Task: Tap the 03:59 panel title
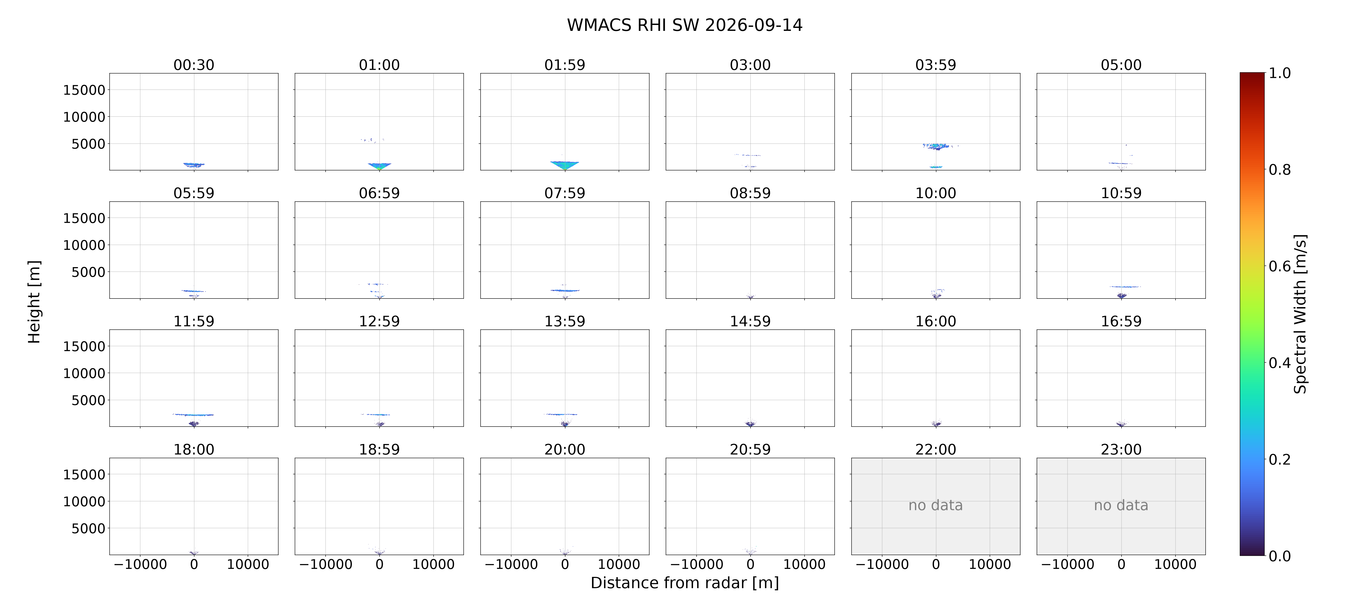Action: click(x=935, y=65)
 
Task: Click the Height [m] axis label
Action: click(x=34, y=302)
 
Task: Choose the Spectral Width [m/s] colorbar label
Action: click(x=1300, y=314)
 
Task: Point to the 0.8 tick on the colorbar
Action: click(x=1279, y=170)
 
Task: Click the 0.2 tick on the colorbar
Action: click(x=1279, y=459)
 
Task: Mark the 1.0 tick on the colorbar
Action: click(x=1279, y=73)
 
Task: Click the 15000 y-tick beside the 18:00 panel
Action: click(x=84, y=474)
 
